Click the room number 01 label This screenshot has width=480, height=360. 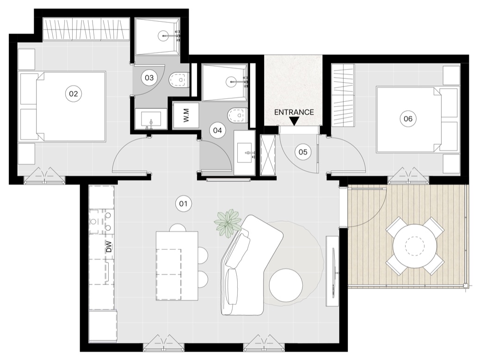[183, 204]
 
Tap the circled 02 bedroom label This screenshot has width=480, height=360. [74, 94]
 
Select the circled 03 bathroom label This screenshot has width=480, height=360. [149, 78]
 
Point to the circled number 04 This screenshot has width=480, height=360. [217, 130]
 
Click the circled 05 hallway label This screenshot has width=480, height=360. [303, 152]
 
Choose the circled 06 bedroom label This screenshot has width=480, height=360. [408, 118]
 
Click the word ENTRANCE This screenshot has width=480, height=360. [294, 112]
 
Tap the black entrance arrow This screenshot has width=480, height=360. [294, 121]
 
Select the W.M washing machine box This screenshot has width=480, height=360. [186, 115]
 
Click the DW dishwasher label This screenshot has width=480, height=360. [109, 247]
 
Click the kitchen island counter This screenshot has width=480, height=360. [177, 266]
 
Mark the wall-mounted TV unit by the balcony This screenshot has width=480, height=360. [332, 270]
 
